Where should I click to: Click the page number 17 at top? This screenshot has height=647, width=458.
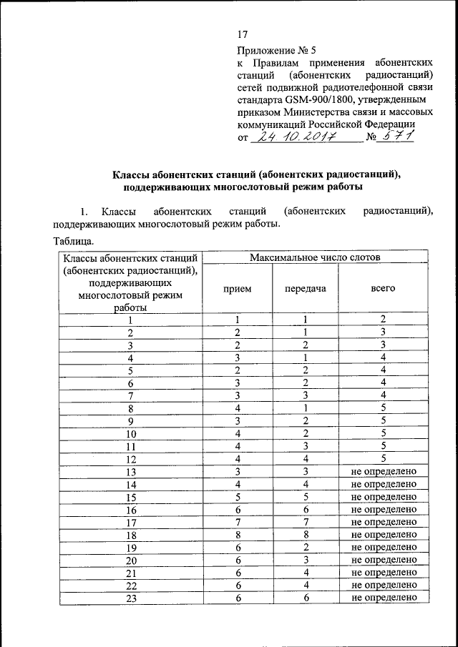coord(242,35)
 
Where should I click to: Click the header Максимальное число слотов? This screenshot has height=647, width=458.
coord(315,257)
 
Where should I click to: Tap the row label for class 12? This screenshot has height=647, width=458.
coord(130,459)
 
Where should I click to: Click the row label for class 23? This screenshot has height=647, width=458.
coord(130,598)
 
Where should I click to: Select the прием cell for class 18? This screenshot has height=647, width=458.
coord(237,535)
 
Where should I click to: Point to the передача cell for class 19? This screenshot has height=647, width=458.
coord(305,548)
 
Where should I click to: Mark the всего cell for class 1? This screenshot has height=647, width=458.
coord(383,320)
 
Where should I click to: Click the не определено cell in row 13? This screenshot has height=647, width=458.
coord(383,472)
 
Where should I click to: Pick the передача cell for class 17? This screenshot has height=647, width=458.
coord(305,522)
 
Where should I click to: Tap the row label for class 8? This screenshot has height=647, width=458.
coord(130,408)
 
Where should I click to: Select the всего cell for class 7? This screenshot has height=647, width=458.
coord(383,395)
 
